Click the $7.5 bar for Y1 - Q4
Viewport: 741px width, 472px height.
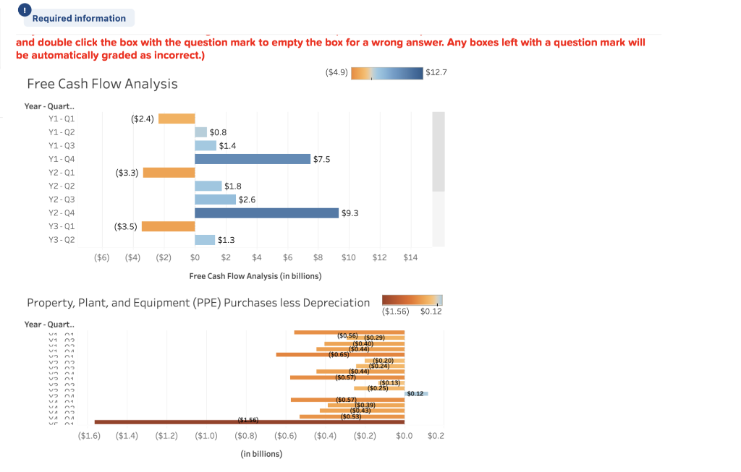tap(253, 159)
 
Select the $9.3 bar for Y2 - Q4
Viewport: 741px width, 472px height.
tap(266, 213)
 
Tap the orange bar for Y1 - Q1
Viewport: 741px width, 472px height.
tap(177, 119)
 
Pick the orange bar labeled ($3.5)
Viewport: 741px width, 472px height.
tap(168, 226)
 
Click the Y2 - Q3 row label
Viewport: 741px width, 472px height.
tap(62, 199)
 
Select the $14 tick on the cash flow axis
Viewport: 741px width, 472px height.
tap(410, 257)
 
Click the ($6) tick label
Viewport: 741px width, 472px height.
tap(102, 257)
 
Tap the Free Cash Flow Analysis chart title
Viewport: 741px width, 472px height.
tap(102, 84)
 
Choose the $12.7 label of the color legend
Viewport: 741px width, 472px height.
tap(436, 72)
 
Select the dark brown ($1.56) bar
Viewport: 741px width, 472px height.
tap(249, 421)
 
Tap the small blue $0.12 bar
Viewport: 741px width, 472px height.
tap(417, 393)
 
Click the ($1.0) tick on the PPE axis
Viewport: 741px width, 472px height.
tap(206, 436)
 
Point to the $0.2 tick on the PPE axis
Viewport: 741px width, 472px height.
tap(436, 436)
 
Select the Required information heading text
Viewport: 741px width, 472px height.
tap(79, 18)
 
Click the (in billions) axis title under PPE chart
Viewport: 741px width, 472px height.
tap(261, 454)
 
